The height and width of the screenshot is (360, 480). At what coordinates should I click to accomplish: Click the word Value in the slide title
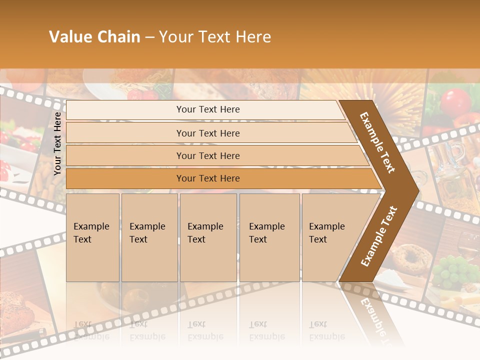pyautogui.click(x=69, y=37)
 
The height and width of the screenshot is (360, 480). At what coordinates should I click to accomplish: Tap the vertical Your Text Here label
pyautogui.click(x=57, y=143)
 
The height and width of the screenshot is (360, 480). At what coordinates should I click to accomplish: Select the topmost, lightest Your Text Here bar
pyautogui.click(x=207, y=109)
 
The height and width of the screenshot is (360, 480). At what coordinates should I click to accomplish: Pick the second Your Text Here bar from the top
pyautogui.click(x=207, y=133)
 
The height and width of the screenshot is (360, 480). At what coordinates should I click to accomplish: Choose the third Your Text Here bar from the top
pyautogui.click(x=207, y=155)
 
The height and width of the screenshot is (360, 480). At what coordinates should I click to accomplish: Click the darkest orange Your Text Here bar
pyautogui.click(x=207, y=178)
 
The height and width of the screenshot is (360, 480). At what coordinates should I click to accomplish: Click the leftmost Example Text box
pyautogui.click(x=92, y=237)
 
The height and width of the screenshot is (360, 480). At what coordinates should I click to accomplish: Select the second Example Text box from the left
pyautogui.click(x=149, y=237)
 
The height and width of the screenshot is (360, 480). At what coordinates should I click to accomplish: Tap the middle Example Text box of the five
pyautogui.click(x=208, y=237)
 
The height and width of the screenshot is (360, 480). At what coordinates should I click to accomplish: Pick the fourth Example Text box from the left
pyautogui.click(x=269, y=237)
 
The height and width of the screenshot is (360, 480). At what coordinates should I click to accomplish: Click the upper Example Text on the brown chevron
pyautogui.click(x=377, y=142)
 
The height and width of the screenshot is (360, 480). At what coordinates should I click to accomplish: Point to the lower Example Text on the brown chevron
pyautogui.click(x=378, y=236)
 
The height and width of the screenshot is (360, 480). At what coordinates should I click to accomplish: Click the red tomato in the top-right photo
pyautogui.click(x=455, y=101)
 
